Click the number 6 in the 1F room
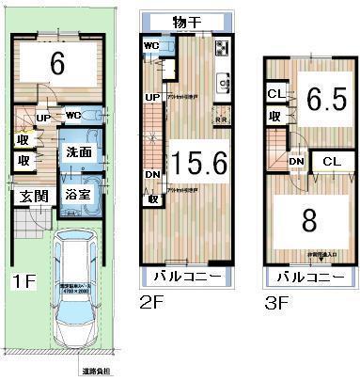56,65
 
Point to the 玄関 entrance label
27,196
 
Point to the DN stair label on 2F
151,174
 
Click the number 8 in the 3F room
308,222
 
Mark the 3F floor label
274,303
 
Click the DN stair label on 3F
295,162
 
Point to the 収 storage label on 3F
274,117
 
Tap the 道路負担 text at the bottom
95,373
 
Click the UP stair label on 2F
151,97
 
